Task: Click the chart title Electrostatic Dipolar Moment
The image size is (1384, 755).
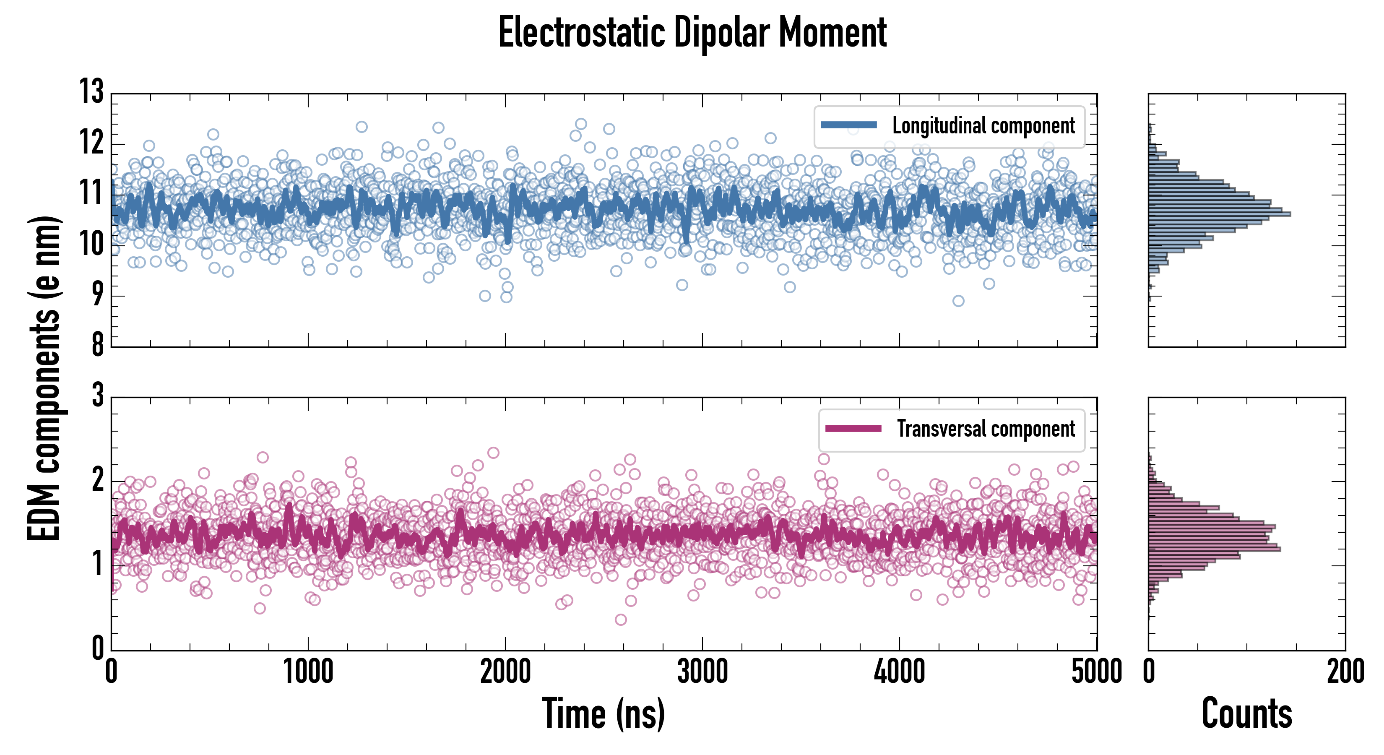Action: pyautogui.click(x=692, y=33)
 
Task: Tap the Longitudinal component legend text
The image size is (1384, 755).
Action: pyautogui.click(x=983, y=126)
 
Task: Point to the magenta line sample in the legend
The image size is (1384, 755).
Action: pyautogui.click(x=853, y=429)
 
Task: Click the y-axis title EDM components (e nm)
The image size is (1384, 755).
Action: pyautogui.click(x=44, y=378)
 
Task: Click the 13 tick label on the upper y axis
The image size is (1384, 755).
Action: pyautogui.click(x=91, y=92)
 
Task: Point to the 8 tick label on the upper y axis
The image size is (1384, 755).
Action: pyautogui.click(x=97, y=344)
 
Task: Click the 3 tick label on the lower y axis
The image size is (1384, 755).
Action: pyautogui.click(x=98, y=396)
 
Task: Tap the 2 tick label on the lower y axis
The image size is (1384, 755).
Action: pyautogui.click(x=98, y=480)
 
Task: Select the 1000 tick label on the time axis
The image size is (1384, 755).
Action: pyautogui.click(x=308, y=672)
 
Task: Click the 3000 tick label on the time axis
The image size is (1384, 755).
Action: pyautogui.click(x=702, y=672)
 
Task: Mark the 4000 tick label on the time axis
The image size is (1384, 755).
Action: pyautogui.click(x=899, y=672)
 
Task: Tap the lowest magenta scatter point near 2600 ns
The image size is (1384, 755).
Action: pyautogui.click(x=621, y=620)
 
